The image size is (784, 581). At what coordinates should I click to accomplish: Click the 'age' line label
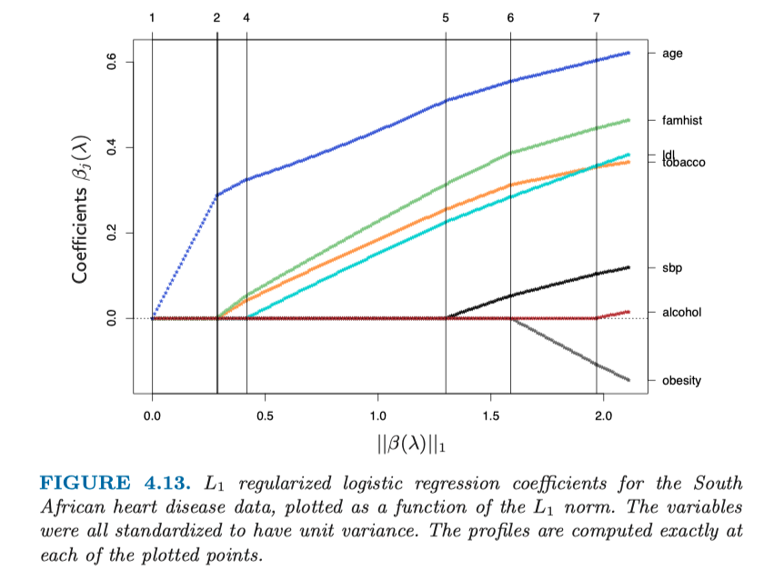pyautogui.click(x=672, y=54)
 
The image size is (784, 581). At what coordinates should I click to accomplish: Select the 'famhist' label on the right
pyautogui.click(x=681, y=120)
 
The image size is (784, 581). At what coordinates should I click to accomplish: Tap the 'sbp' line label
pyautogui.click(x=671, y=268)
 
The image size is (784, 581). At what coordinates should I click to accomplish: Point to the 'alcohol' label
pyautogui.click(x=681, y=313)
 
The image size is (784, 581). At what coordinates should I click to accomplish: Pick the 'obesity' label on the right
pyautogui.click(x=681, y=380)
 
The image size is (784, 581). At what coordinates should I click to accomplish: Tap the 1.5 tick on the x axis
pyautogui.click(x=490, y=416)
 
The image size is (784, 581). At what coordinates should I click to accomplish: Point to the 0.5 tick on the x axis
pyautogui.click(x=265, y=416)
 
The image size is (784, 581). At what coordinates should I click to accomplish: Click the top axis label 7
pyautogui.click(x=597, y=17)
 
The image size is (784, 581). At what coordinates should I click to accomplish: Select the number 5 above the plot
pyautogui.click(x=446, y=17)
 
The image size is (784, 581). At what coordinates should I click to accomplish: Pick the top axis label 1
pyautogui.click(x=152, y=17)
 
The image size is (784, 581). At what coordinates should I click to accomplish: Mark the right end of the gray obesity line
pyautogui.click(x=628, y=379)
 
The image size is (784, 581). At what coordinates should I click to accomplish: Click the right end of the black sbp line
pyautogui.click(x=628, y=267)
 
